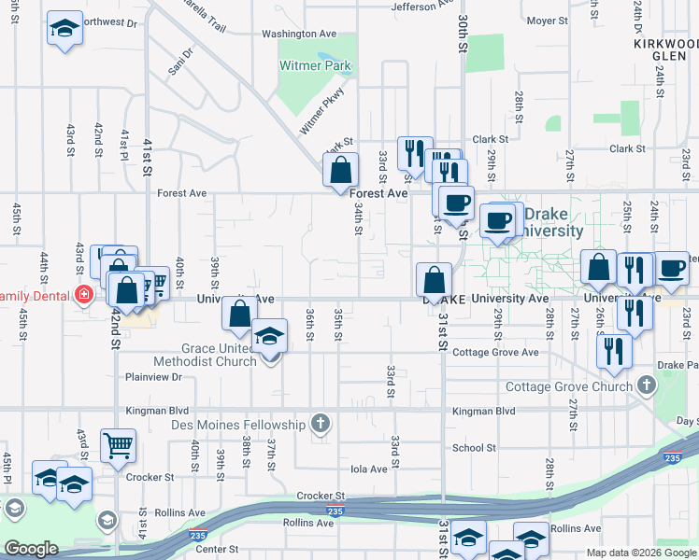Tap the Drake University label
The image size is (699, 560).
[x=554, y=222]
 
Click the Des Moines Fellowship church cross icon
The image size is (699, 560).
[x=321, y=425]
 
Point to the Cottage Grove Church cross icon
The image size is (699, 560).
[x=646, y=385]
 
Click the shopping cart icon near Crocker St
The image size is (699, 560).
[x=119, y=446]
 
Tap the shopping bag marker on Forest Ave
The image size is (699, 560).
[x=340, y=170]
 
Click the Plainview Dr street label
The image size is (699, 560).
[x=152, y=377]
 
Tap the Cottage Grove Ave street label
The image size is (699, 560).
[x=495, y=353]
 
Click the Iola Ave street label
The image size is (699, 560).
[x=367, y=469]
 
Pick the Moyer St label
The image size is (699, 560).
[x=547, y=20]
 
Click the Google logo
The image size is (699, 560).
[x=32, y=549]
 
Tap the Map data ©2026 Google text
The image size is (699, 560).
[x=640, y=553]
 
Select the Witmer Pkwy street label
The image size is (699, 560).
[x=322, y=110]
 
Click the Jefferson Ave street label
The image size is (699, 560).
[x=421, y=7]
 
